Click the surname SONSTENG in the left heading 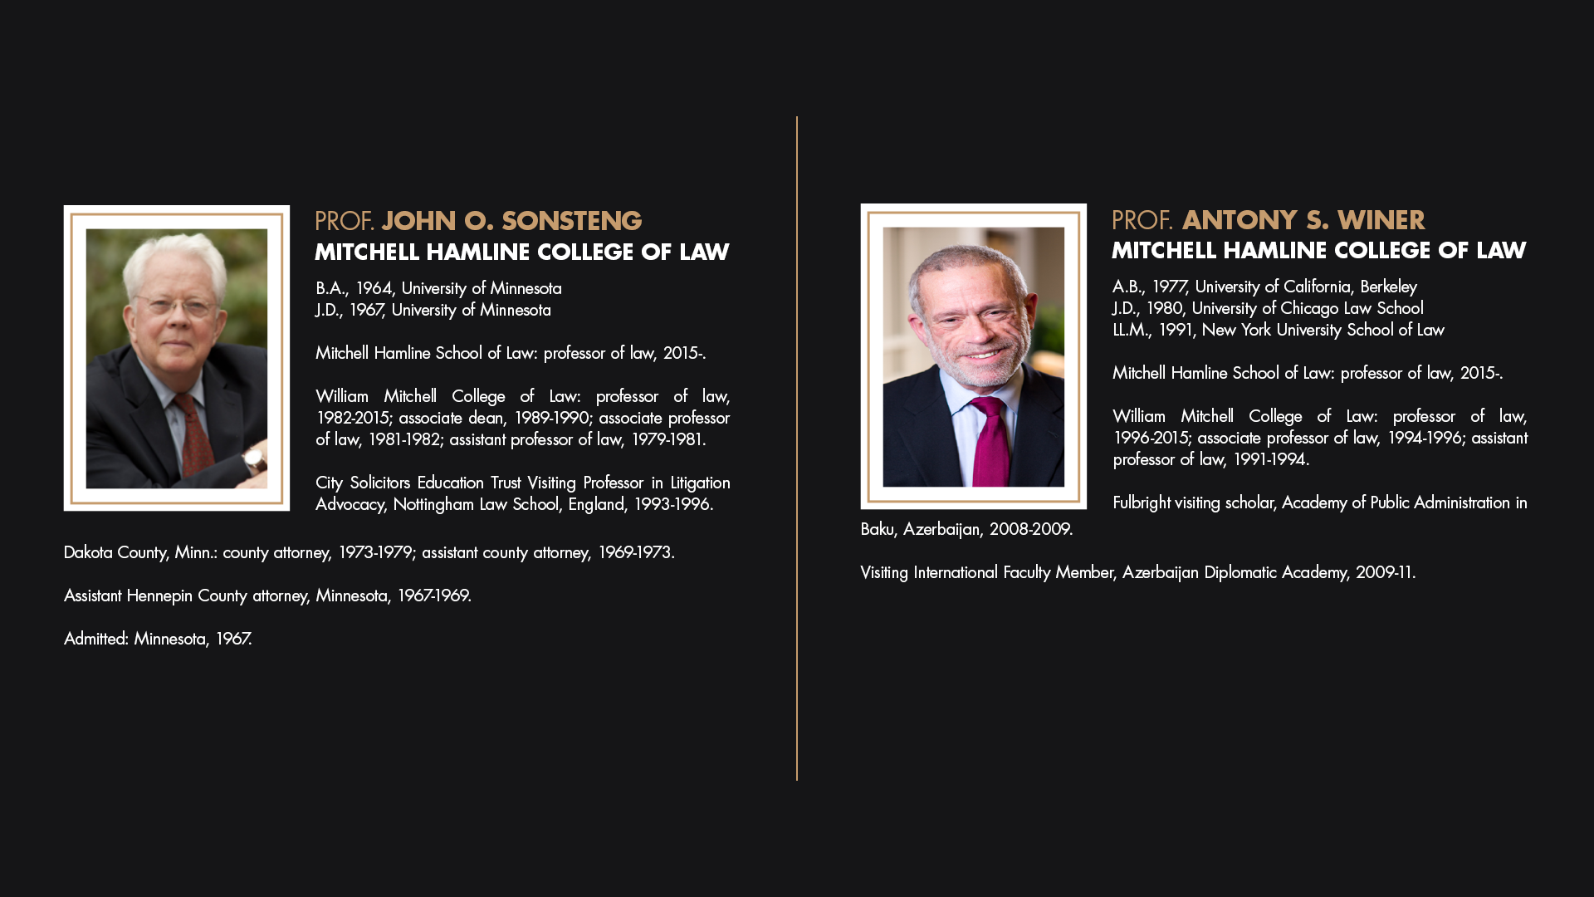pyautogui.click(x=571, y=221)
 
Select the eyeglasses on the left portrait pyautogui.click(x=175, y=306)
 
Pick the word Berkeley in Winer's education pyautogui.click(x=1388, y=287)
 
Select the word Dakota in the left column pyautogui.click(x=88, y=552)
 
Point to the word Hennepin pyautogui.click(x=159, y=596)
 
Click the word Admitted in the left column pyautogui.click(x=96, y=639)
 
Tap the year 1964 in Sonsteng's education pyautogui.click(x=374, y=288)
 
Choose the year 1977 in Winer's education pyautogui.click(x=1169, y=287)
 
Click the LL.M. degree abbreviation pyautogui.click(x=1132, y=330)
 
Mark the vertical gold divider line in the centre pyautogui.click(x=797, y=448)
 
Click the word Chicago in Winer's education pyautogui.click(x=1309, y=308)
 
